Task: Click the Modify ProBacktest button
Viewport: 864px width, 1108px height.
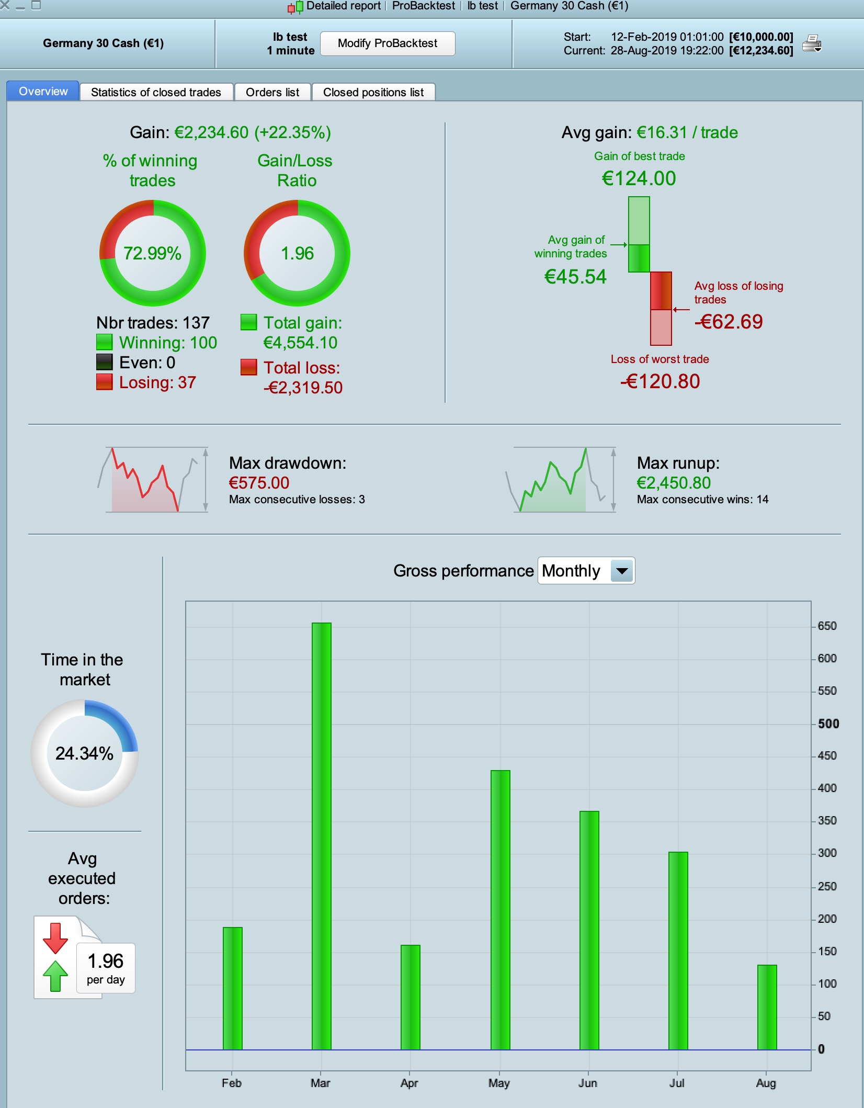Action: click(388, 43)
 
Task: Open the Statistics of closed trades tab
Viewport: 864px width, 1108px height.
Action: click(156, 92)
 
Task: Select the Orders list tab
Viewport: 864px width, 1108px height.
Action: click(272, 92)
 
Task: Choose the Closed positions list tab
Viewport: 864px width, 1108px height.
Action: click(373, 92)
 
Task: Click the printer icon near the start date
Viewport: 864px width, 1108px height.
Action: click(812, 43)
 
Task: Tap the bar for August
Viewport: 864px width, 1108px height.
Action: click(767, 1007)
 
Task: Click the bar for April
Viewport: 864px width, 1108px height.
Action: click(411, 997)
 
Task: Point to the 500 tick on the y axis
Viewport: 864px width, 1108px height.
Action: click(828, 724)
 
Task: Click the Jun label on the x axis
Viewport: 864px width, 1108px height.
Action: click(588, 1083)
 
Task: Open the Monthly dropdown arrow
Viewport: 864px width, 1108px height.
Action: click(622, 571)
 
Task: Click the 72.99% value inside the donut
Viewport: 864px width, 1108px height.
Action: click(152, 253)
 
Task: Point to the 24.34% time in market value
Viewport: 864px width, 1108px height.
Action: click(84, 753)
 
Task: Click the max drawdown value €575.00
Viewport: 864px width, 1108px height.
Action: click(259, 482)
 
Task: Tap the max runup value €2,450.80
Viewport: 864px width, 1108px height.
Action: click(674, 482)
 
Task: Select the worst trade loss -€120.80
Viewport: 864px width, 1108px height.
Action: click(660, 381)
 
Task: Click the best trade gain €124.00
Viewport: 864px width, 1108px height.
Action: click(639, 178)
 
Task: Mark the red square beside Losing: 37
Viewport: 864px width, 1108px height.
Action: click(105, 382)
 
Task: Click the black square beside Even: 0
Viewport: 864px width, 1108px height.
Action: click(105, 362)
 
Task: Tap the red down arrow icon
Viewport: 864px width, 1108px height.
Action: click(55, 938)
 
